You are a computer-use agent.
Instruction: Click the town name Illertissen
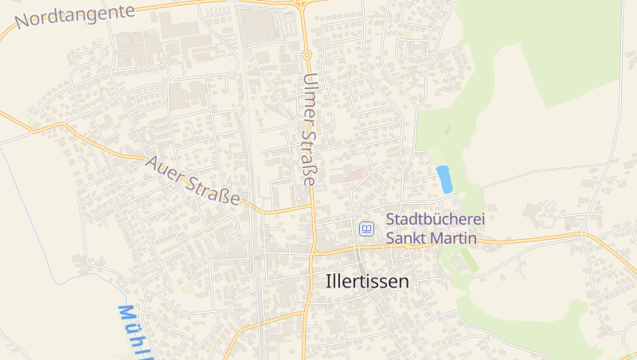point(367,281)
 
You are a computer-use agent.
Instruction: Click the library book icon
point(366,229)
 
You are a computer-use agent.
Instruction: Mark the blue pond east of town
point(444,179)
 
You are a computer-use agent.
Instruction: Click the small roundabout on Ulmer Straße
point(307,54)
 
